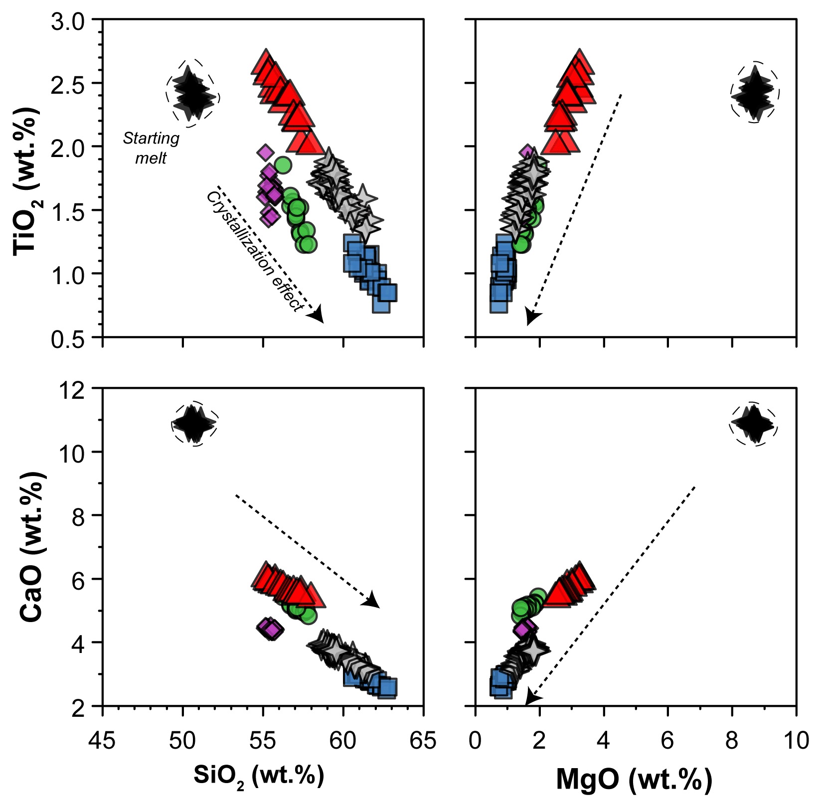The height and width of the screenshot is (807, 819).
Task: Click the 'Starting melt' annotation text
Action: click(x=151, y=148)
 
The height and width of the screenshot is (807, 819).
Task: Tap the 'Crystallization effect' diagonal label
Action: click(x=255, y=252)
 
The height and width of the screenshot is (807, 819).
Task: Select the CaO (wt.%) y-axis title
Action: click(x=33, y=546)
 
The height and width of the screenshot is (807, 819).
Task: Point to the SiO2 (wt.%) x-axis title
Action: click(x=259, y=776)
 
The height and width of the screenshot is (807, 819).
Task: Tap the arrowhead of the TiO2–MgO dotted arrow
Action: click(x=532, y=317)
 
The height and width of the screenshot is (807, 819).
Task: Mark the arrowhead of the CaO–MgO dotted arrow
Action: click(x=531, y=698)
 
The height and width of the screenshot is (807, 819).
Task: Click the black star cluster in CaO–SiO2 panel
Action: click(x=193, y=424)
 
